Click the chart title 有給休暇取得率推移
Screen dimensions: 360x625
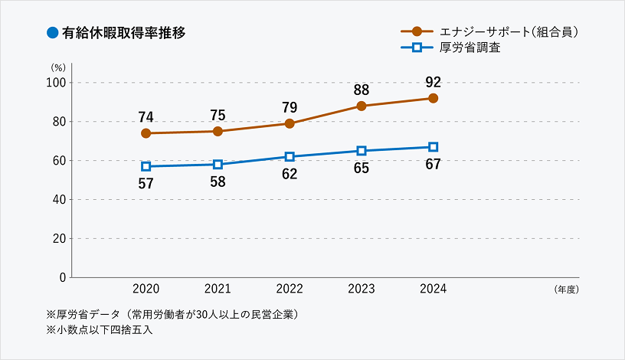(123, 33)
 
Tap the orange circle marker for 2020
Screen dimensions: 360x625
(146, 133)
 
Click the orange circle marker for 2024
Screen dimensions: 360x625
(433, 98)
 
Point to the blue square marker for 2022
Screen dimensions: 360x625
(290, 156)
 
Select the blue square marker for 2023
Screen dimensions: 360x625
(362, 151)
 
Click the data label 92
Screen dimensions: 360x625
(433, 82)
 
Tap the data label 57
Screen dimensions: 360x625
(146, 183)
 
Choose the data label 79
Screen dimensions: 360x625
(290, 107)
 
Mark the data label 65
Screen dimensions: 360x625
(362, 168)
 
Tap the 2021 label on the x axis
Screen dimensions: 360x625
(218, 290)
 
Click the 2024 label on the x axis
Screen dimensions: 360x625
(433, 290)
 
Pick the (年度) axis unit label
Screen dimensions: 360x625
(564, 290)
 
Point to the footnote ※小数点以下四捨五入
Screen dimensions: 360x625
(94, 331)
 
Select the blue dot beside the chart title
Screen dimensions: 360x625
(53, 33)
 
